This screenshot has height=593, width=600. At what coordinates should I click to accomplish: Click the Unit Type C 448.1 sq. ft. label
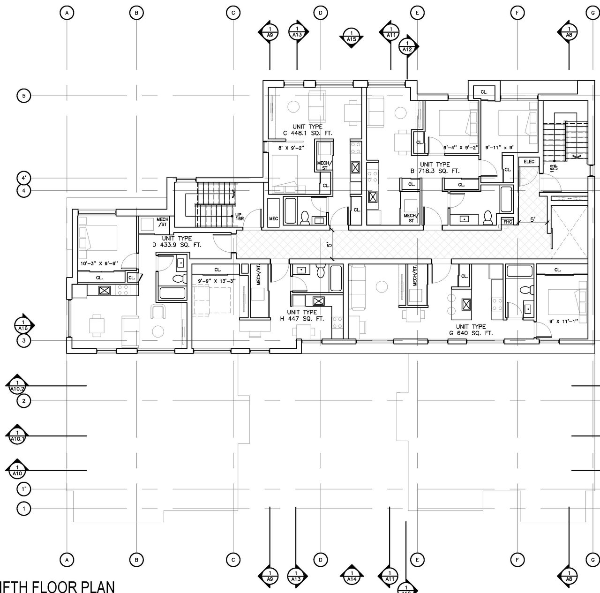tap(307, 130)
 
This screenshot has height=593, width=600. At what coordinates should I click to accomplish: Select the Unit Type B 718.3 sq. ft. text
tap(435, 168)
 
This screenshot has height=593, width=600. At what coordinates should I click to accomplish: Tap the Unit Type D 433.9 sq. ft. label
tap(177, 241)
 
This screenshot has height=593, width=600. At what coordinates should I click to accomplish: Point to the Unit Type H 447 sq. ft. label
tap(302, 315)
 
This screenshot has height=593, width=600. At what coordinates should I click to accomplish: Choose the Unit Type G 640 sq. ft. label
tap(471, 330)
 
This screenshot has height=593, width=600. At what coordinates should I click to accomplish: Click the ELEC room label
tap(529, 162)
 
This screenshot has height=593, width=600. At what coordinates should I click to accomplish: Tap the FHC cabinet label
tap(508, 222)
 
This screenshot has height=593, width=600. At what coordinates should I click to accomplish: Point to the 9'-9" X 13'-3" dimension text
tap(216, 281)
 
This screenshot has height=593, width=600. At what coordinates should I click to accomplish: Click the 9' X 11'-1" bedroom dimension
tap(564, 322)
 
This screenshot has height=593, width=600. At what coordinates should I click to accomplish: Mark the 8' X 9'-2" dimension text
tap(291, 148)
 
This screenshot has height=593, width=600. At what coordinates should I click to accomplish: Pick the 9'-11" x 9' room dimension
tap(499, 148)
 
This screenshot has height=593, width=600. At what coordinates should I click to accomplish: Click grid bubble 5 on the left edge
tap(24, 96)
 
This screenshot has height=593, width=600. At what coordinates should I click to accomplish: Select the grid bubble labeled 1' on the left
tap(24, 489)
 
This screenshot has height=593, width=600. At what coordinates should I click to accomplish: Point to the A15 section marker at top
tap(352, 37)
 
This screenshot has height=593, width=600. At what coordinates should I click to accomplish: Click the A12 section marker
tap(407, 46)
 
